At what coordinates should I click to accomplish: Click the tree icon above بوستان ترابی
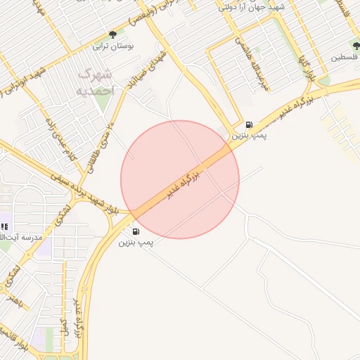(112, 34)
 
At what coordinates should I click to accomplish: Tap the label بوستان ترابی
(114, 46)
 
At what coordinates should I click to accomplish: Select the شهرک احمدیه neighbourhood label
(94, 82)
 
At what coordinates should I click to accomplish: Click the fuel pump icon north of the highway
(249, 124)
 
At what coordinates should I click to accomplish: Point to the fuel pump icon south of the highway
(135, 231)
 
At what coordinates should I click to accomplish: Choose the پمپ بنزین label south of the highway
(136, 242)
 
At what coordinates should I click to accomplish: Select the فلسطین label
(345, 56)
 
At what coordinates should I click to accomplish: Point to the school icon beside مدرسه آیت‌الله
(4, 226)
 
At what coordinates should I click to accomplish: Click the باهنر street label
(14, 298)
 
